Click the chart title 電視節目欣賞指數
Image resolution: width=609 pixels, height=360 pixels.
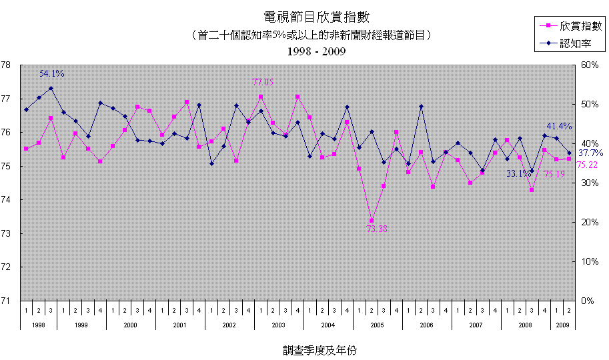click(308, 17)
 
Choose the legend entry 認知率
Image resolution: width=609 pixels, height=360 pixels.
click(572, 44)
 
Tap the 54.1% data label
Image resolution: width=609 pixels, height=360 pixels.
click(52, 74)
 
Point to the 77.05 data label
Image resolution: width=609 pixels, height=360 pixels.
click(263, 82)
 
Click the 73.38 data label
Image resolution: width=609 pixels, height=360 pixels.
click(376, 229)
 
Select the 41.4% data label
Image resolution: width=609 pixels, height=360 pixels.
click(559, 126)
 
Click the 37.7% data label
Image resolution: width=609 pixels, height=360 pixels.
click(590, 153)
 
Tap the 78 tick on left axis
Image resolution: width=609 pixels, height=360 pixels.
click(6, 65)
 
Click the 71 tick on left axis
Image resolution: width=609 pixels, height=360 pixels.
click(6, 301)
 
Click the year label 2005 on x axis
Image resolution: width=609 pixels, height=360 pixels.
click(378, 325)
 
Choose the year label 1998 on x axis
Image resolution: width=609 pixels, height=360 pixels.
click(38, 325)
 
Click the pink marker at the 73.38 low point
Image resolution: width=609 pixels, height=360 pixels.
click(372, 221)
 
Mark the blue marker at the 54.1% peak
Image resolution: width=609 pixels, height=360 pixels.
click(51, 88)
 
